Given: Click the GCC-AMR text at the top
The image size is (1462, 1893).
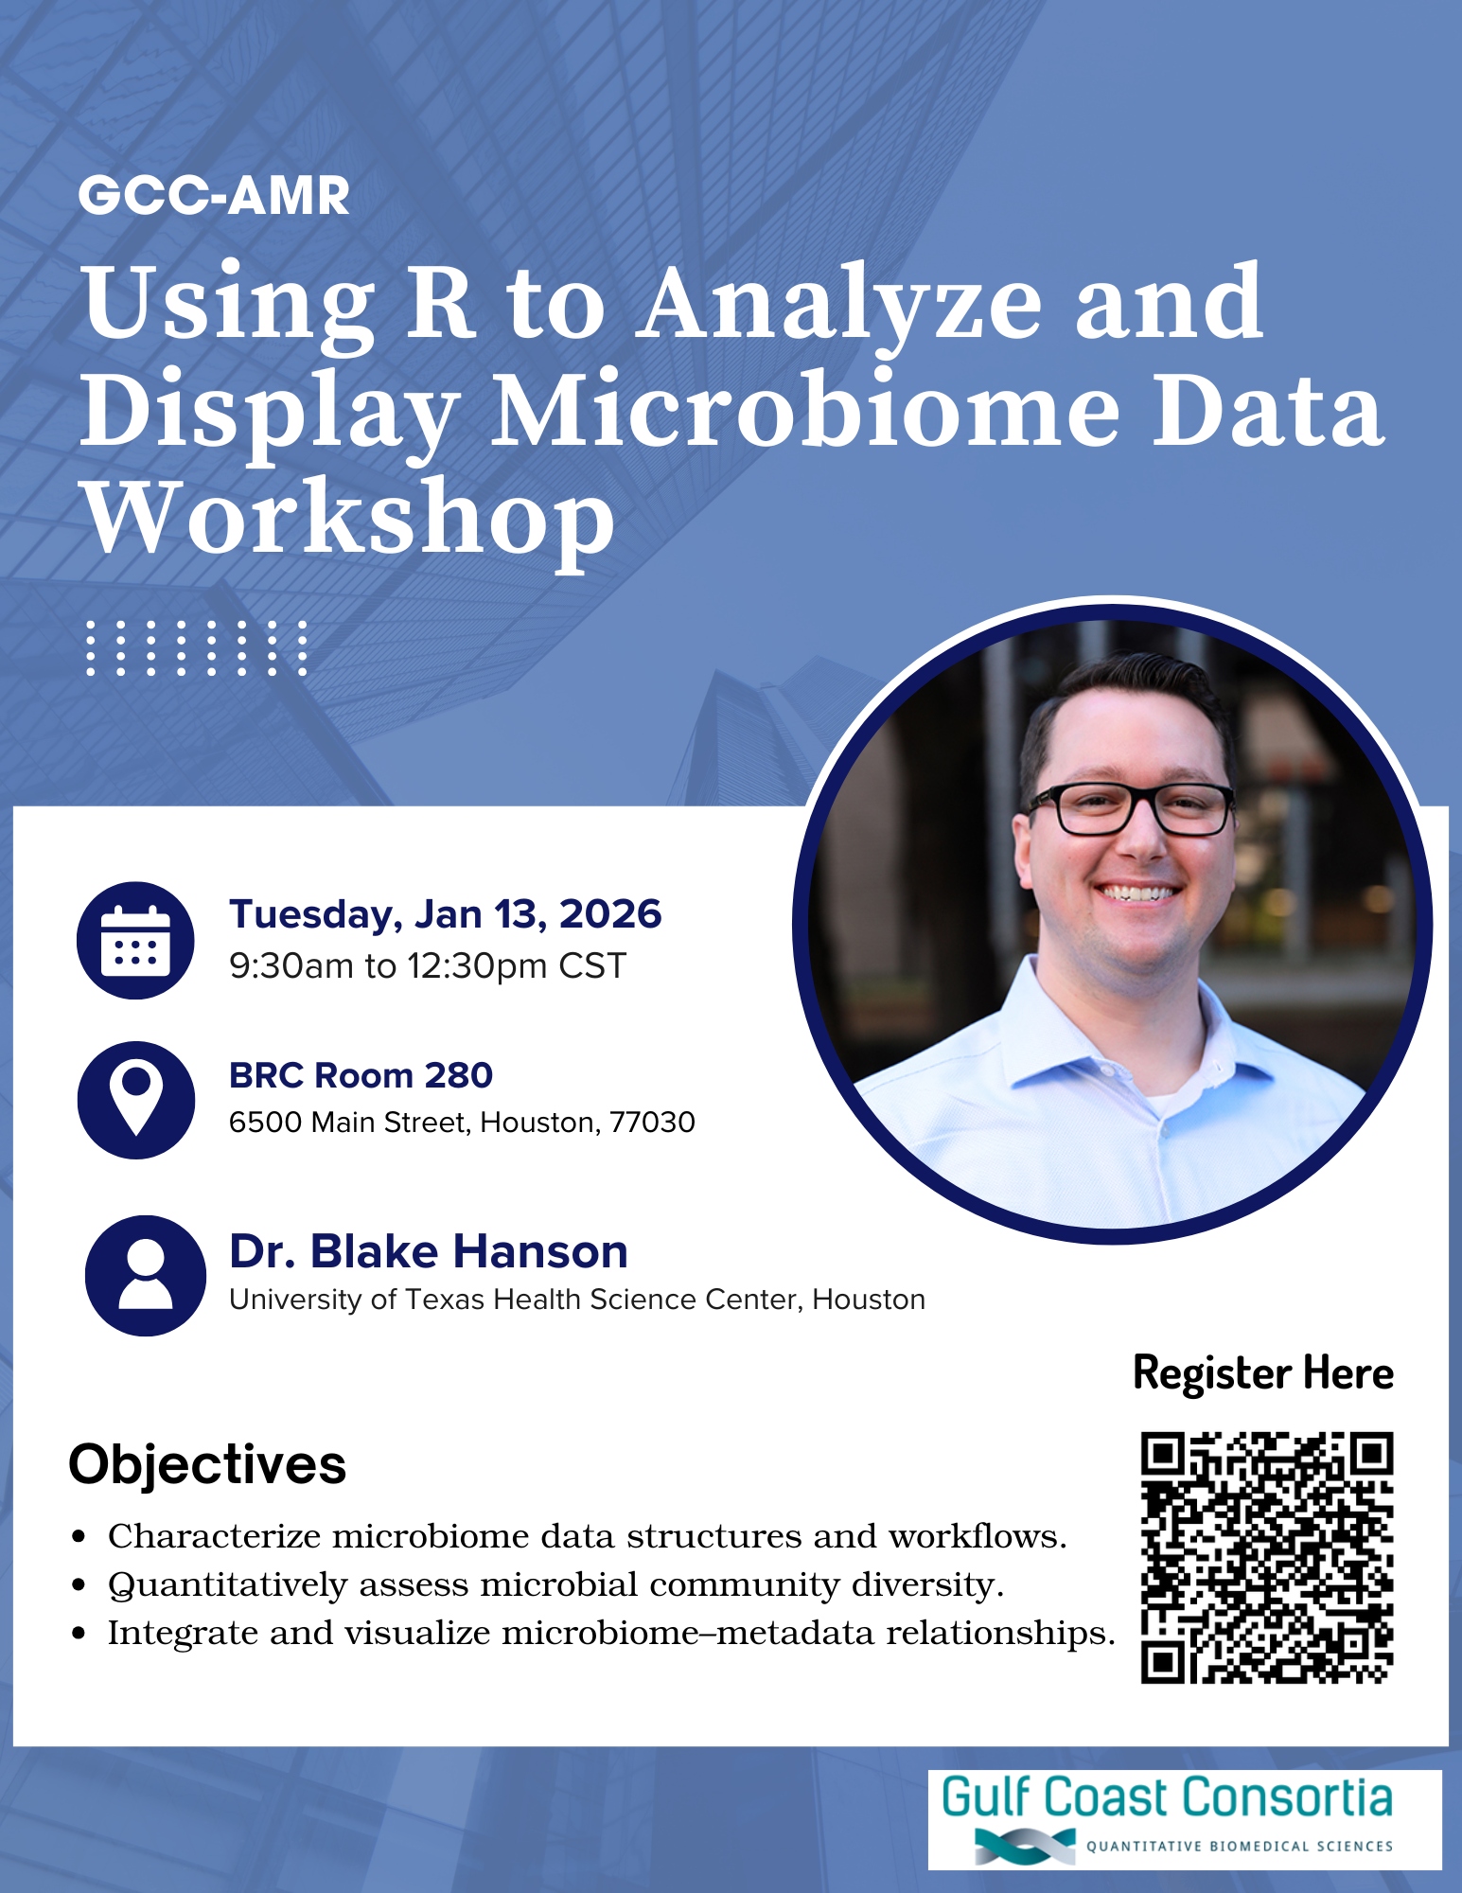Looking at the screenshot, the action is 214,196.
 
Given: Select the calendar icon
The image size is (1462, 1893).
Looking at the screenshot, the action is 135,940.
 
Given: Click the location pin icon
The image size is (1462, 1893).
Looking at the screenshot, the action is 136,1100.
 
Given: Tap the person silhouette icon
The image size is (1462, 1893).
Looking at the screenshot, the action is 146,1275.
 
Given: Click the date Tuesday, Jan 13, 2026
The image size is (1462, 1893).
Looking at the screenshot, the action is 445,915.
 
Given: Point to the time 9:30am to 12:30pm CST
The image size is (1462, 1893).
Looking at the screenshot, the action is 428,966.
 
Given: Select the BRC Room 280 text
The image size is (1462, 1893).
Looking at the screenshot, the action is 361,1075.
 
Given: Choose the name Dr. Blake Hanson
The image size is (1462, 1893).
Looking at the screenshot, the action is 429,1251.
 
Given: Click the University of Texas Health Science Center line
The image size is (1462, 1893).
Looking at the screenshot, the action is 577,1300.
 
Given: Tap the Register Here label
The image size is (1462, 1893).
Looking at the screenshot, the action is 1263,1373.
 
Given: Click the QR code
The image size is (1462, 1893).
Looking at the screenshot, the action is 1267,1558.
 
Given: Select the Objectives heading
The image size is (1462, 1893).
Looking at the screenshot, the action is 207,1464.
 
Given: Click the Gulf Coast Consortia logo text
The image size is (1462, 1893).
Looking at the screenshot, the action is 1167,1797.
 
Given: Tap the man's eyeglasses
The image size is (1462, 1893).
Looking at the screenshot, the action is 1132,809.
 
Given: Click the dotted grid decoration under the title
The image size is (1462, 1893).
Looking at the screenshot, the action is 197,648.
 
